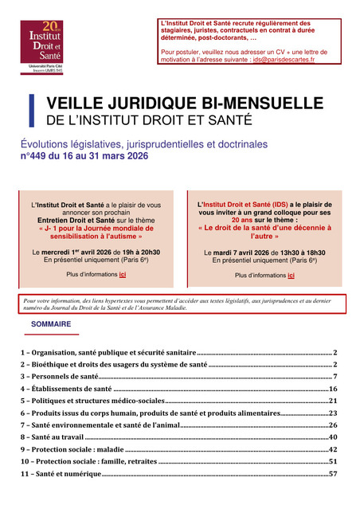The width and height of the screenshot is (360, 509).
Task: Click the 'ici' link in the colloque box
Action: coord(291,275)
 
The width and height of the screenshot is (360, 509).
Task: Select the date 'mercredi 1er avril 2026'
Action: coord(77,252)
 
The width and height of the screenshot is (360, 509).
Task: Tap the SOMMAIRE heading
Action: coord(51,325)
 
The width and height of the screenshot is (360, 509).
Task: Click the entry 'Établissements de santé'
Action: coord(67,388)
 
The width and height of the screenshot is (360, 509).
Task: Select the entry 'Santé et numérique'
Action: coord(61,474)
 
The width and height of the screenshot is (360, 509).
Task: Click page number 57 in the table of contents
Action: coord(333,474)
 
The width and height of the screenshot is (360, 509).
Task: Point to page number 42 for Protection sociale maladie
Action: coord(333,449)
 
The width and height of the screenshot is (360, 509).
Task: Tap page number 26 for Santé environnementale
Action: coord(333,425)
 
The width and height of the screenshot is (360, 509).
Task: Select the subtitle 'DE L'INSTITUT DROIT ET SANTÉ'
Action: coord(149,121)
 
